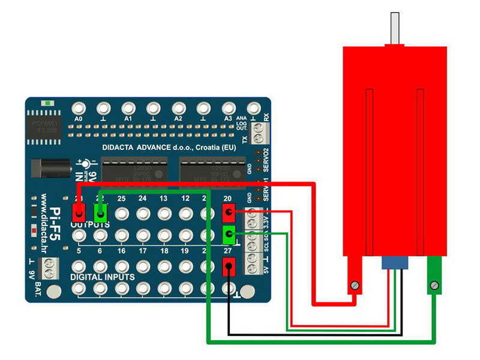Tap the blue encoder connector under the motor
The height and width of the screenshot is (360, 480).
click(x=394, y=263)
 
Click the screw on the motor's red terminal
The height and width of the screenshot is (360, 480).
click(x=356, y=286)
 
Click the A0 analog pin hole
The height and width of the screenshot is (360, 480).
click(x=78, y=109)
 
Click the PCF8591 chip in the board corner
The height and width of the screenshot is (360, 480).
click(x=46, y=127)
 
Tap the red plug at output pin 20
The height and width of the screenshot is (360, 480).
click(x=228, y=212)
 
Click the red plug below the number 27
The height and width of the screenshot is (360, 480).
click(x=228, y=266)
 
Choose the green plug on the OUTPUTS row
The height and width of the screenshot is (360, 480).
click(x=100, y=212)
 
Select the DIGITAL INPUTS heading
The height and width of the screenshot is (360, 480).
click(x=104, y=278)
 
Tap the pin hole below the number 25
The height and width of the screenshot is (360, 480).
click(x=122, y=213)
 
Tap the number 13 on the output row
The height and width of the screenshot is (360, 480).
click(x=164, y=199)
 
